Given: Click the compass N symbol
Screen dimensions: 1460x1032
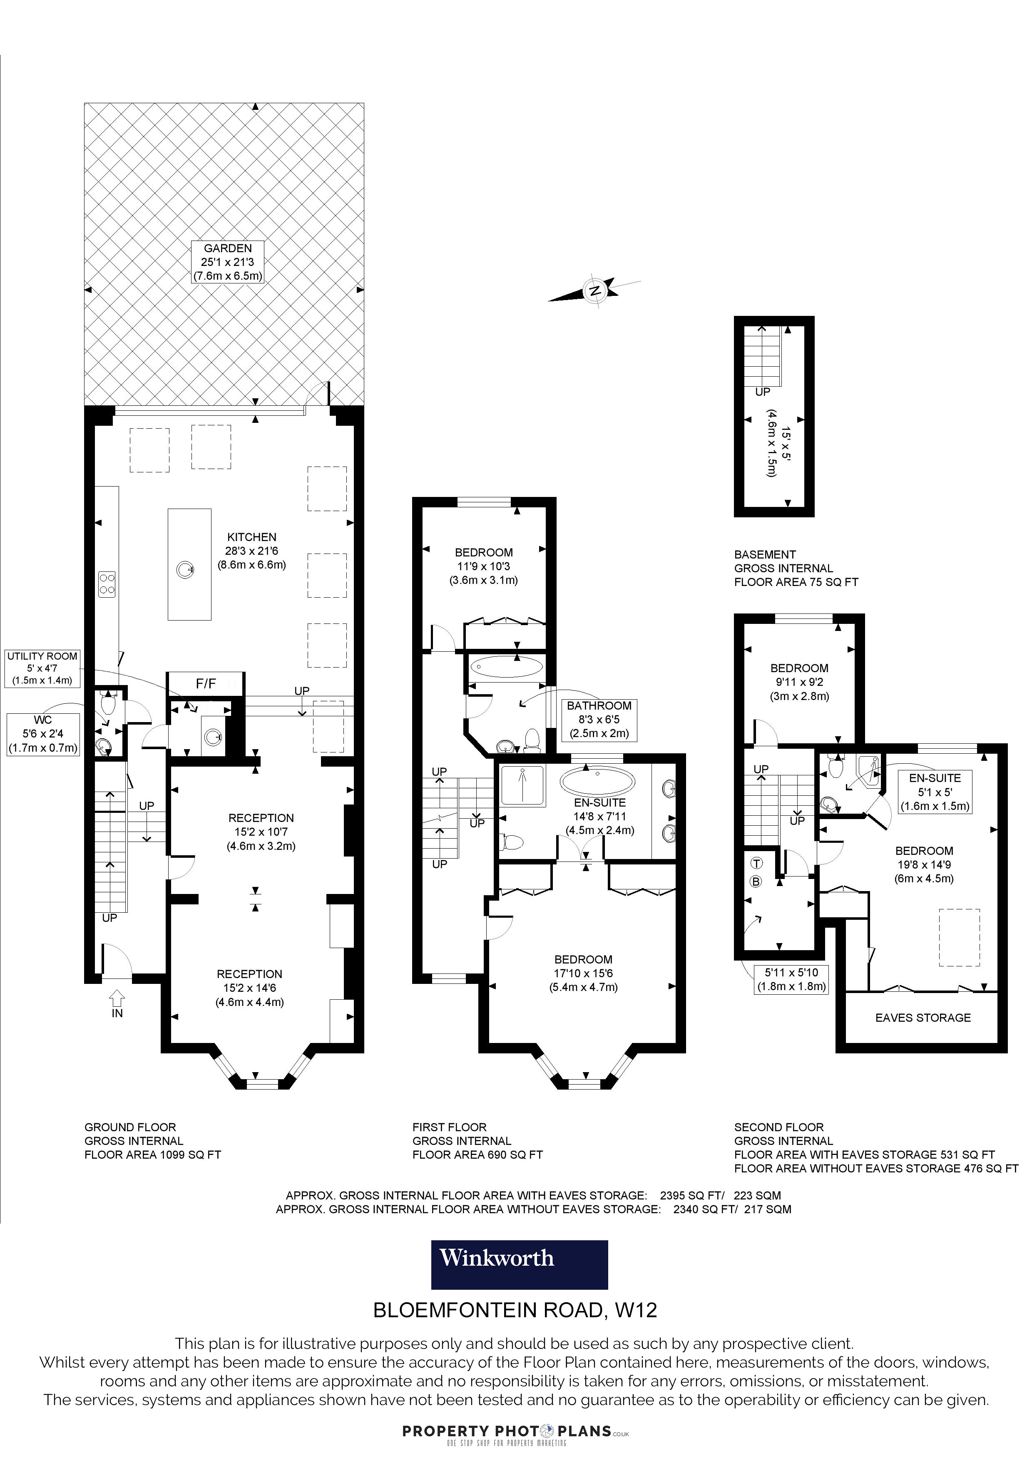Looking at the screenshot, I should tap(594, 291).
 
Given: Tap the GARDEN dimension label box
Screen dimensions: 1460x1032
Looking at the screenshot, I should tap(228, 262).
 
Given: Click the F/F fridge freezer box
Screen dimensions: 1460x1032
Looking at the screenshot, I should tap(205, 683).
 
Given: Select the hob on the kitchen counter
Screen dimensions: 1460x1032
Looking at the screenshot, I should tap(107, 584).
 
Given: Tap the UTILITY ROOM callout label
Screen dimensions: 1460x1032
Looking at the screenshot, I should tap(42, 668).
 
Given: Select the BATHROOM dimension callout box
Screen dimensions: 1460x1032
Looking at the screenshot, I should tap(599, 719).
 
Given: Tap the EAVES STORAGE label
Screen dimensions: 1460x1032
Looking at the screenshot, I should tap(923, 1018).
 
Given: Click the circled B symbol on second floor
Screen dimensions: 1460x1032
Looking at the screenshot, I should tap(757, 881).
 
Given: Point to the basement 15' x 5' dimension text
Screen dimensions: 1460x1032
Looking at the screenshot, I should tap(780, 452).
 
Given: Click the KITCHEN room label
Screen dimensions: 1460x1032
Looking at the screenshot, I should tap(252, 537).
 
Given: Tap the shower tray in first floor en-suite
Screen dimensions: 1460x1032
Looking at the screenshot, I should tap(523, 786).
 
